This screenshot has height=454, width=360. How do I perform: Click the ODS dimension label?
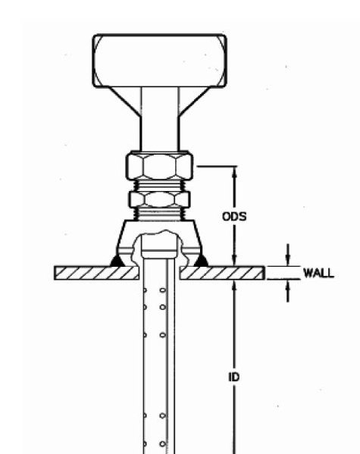[234, 216]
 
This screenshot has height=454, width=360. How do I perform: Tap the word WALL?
[318, 273]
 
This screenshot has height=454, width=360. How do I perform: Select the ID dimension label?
[234, 377]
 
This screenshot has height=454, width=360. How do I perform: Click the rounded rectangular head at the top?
[160, 61]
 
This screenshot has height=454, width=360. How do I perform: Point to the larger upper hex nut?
[160, 166]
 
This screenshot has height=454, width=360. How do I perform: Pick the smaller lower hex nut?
[160, 199]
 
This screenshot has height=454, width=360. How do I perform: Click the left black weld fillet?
[117, 261]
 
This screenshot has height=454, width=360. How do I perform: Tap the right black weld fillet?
[201, 261]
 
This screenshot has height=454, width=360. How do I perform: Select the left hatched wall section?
[97, 273]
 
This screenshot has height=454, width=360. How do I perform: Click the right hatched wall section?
[222, 273]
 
